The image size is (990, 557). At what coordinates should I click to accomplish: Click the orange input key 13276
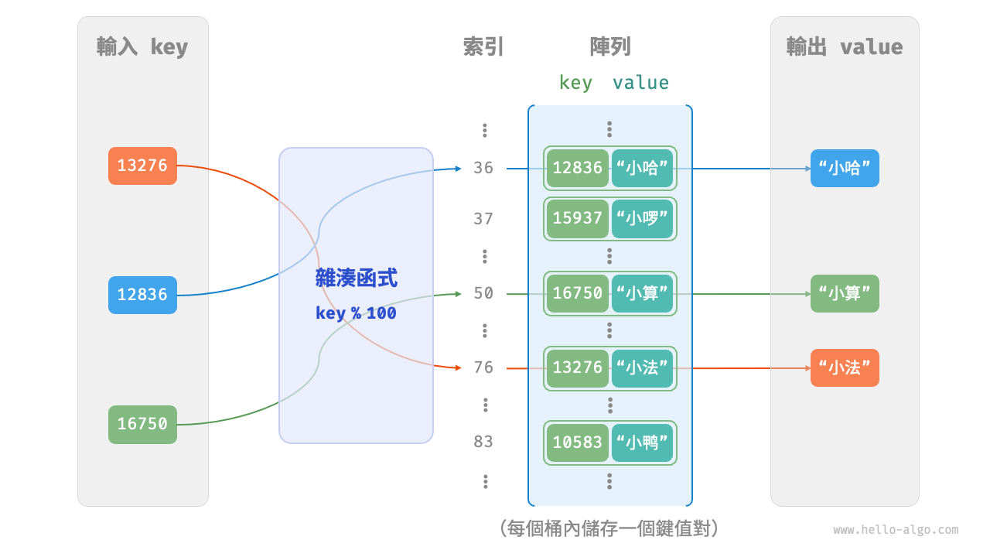tap(142, 166)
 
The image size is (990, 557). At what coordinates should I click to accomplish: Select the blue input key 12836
tap(142, 295)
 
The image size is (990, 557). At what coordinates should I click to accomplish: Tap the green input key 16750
tap(142, 424)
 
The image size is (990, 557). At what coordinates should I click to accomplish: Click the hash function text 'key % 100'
tap(356, 313)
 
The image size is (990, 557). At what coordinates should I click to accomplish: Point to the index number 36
tap(483, 168)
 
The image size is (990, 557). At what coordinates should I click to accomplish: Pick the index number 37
tap(483, 219)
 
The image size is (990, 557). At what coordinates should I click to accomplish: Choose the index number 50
tap(483, 293)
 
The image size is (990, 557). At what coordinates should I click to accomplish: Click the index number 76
tap(483, 367)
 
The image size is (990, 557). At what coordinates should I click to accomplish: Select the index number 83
tap(483, 442)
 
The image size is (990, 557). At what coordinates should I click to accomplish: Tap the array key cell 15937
tap(577, 219)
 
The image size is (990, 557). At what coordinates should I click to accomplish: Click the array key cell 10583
tap(577, 443)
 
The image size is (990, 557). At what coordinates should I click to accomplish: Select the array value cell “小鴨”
tap(642, 443)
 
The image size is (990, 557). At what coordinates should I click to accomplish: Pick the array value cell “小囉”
tap(642, 219)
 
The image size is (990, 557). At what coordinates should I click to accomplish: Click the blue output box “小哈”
tap(845, 168)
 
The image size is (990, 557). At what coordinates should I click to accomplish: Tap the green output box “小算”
tap(845, 294)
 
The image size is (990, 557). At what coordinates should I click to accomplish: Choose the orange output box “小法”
tap(845, 368)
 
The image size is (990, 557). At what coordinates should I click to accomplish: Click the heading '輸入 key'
tap(142, 47)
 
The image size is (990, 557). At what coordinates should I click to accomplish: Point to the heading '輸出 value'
tap(845, 47)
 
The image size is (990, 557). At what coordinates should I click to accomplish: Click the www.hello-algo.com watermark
tap(896, 530)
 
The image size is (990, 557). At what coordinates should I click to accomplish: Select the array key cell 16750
tap(577, 293)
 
